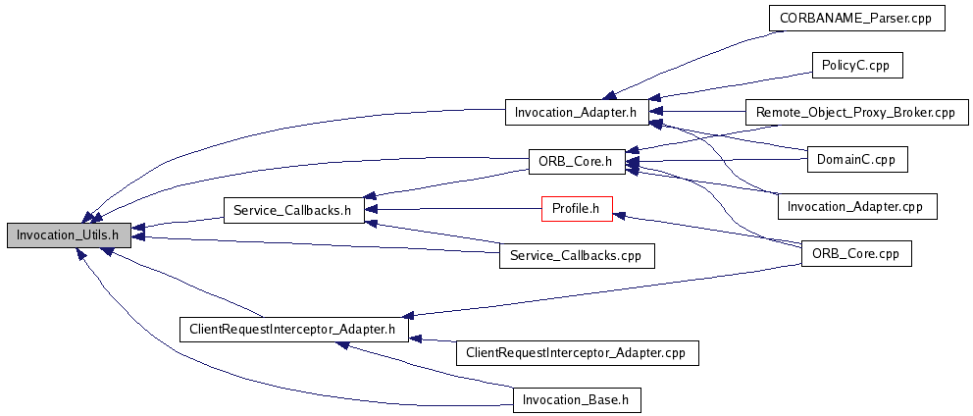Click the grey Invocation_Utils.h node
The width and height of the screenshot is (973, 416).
coord(68,234)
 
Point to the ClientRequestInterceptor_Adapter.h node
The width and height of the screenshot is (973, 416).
coord(293,329)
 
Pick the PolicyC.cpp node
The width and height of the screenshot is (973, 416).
coord(856,65)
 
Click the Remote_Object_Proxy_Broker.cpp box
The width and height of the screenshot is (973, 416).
coord(856,112)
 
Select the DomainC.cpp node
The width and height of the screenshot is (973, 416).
coord(856,158)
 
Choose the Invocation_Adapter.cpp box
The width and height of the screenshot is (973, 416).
coord(856,206)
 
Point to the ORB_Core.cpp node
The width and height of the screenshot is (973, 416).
coord(856,253)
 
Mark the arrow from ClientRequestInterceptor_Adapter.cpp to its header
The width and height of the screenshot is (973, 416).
coord(432,340)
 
